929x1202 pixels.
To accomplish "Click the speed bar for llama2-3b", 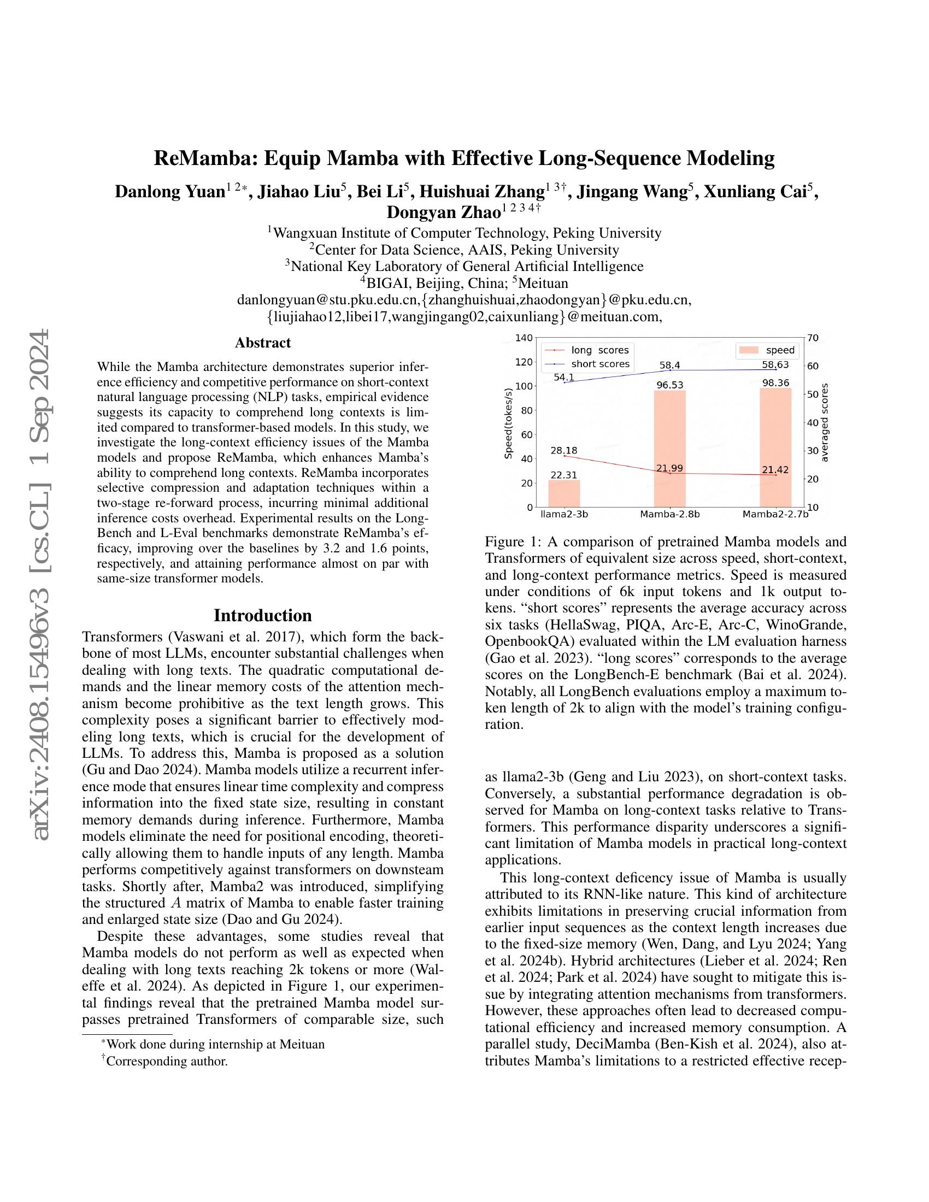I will click(x=564, y=493).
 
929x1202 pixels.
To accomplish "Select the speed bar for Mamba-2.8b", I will click(x=670, y=449).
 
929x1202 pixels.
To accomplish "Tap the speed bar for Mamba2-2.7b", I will click(x=775, y=447).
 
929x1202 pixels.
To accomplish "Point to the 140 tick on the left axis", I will click(x=524, y=337).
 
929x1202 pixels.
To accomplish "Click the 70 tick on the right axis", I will click(x=813, y=337).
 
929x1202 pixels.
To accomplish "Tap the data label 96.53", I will click(x=670, y=385).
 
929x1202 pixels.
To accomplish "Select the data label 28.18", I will click(x=564, y=451).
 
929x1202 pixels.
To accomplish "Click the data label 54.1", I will click(x=564, y=377).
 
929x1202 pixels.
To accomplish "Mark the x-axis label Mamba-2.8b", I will click(x=670, y=515).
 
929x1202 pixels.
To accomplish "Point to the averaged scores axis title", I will click(x=824, y=423).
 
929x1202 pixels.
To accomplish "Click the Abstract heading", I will click(x=262, y=343).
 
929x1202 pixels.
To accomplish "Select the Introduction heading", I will click(x=262, y=615).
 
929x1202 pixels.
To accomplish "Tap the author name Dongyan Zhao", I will click(x=444, y=212).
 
